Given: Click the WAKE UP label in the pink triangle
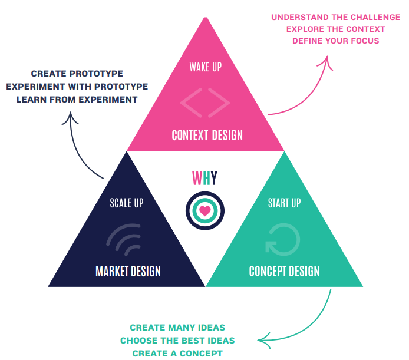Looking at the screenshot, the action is [205, 67].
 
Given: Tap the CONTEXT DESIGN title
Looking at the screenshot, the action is [207, 136].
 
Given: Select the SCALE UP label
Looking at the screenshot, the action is [127, 203].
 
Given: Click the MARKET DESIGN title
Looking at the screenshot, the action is [128, 272].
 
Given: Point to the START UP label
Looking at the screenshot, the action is [284, 203].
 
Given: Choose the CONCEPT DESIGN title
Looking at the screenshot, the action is [284, 272].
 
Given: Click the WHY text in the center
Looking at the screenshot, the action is [204, 178].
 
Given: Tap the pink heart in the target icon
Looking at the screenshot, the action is [204, 210].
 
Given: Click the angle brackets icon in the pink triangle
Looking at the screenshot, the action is [205, 102].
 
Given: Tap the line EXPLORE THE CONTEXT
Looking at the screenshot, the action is [335, 29].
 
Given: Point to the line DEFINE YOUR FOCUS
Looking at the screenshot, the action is [336, 41].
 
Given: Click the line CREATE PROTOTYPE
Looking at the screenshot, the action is [77, 74].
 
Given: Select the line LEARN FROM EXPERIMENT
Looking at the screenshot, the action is [77, 100].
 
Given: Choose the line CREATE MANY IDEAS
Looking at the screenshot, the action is [177, 328].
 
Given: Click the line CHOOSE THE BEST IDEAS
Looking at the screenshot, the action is [177, 341].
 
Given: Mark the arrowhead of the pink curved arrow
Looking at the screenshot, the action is [327, 60].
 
